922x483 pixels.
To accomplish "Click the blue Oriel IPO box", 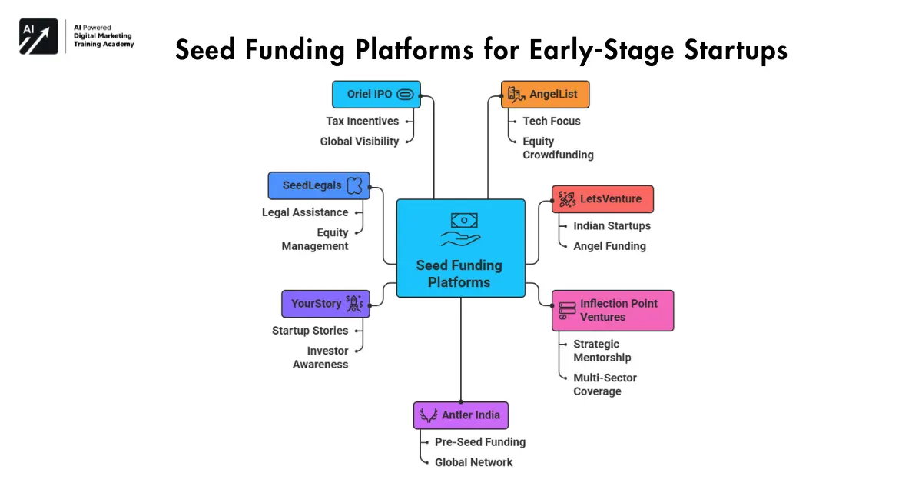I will (376, 95).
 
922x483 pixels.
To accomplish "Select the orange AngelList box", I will (545, 95).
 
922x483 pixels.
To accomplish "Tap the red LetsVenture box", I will (602, 199).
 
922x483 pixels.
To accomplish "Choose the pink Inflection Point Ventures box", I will (612, 310).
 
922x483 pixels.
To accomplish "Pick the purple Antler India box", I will (461, 415).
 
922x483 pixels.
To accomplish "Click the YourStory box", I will (326, 304).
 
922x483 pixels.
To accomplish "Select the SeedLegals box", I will (319, 185).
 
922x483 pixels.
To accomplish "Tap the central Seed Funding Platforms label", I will (459, 274).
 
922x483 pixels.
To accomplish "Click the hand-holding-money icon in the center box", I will (460, 229).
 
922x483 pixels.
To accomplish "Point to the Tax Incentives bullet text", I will (362, 121).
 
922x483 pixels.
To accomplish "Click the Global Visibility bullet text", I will (360, 141).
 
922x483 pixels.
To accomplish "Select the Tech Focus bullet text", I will (552, 121).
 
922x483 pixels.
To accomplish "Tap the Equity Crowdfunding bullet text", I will (558, 148).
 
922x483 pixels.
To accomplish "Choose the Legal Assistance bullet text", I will (305, 212).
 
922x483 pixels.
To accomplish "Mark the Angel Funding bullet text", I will (609, 246).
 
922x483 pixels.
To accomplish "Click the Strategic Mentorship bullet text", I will (602, 351).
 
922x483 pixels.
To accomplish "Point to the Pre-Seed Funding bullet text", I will (480, 442).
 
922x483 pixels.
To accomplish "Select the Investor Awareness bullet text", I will (320, 358).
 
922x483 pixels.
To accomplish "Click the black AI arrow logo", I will (38, 36).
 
